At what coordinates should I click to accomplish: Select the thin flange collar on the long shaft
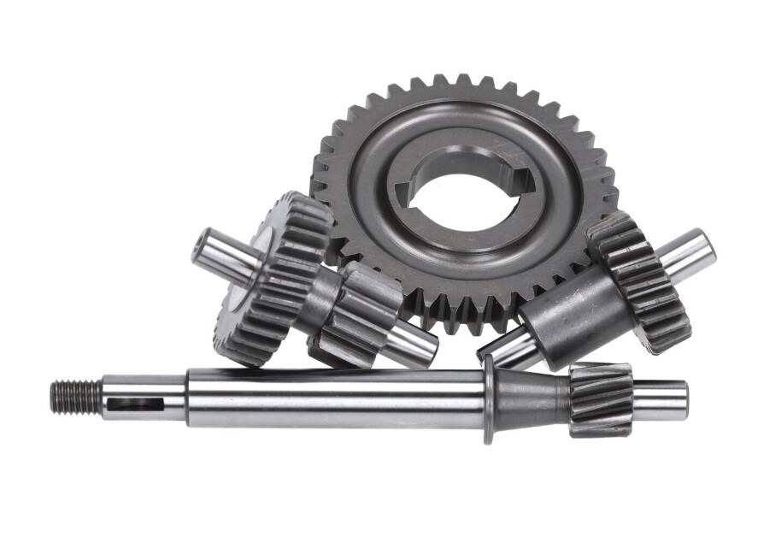tap(488, 399)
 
